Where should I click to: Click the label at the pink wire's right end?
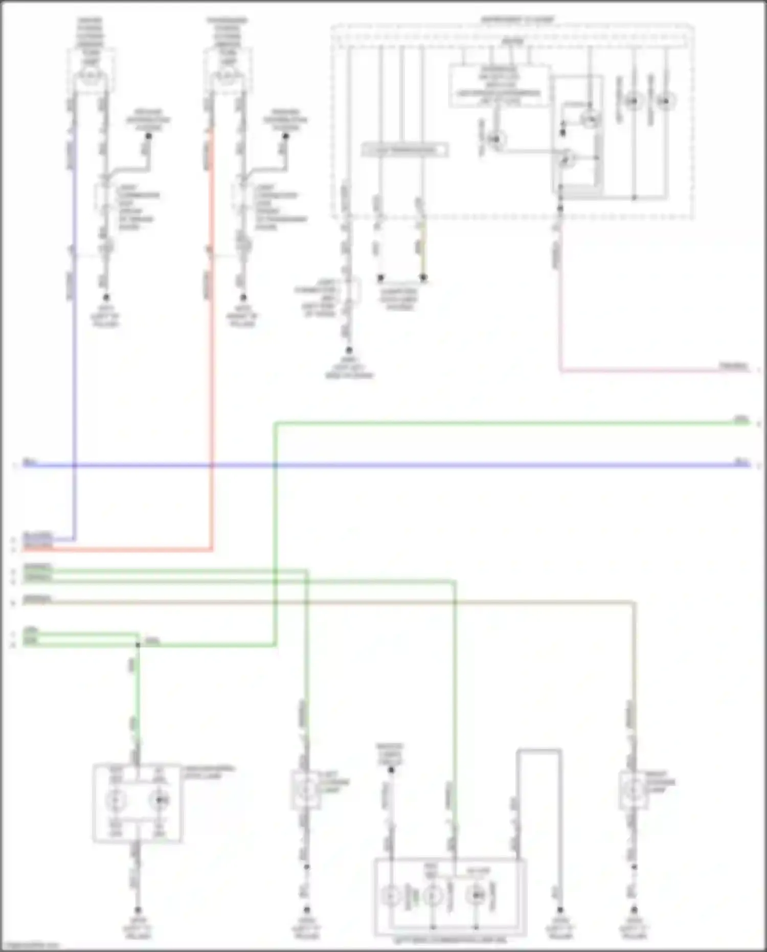pyautogui.click(x=733, y=366)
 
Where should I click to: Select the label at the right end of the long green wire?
pyautogui.click(x=740, y=419)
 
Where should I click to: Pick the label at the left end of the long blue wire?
pyautogui.click(x=30, y=462)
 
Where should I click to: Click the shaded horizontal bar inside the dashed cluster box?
pyautogui.click(x=404, y=150)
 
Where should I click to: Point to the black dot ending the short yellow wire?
pyautogui.click(x=423, y=278)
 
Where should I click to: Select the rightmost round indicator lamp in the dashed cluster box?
pyautogui.click(x=665, y=101)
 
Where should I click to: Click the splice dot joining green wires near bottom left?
pyautogui.click(x=138, y=645)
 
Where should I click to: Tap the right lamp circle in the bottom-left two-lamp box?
pyautogui.click(x=160, y=800)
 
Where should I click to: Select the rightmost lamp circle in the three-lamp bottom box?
pyautogui.click(x=476, y=895)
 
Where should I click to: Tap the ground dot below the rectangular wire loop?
pyautogui.click(x=560, y=910)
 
